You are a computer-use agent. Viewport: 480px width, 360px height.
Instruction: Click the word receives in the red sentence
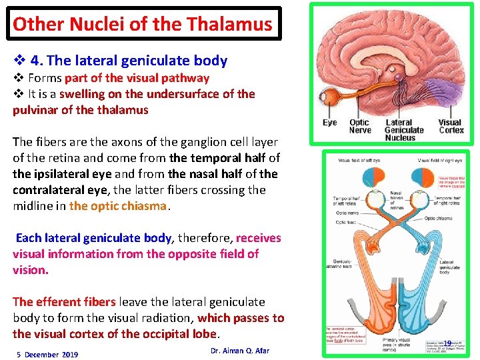tap(259, 238)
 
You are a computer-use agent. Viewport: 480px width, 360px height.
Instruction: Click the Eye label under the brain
tap(330, 123)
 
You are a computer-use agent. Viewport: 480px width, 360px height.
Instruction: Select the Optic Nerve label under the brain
tap(359, 127)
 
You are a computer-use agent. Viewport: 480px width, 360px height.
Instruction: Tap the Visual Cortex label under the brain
tap(450, 127)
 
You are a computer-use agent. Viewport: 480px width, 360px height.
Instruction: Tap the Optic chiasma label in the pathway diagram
tap(452, 219)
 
